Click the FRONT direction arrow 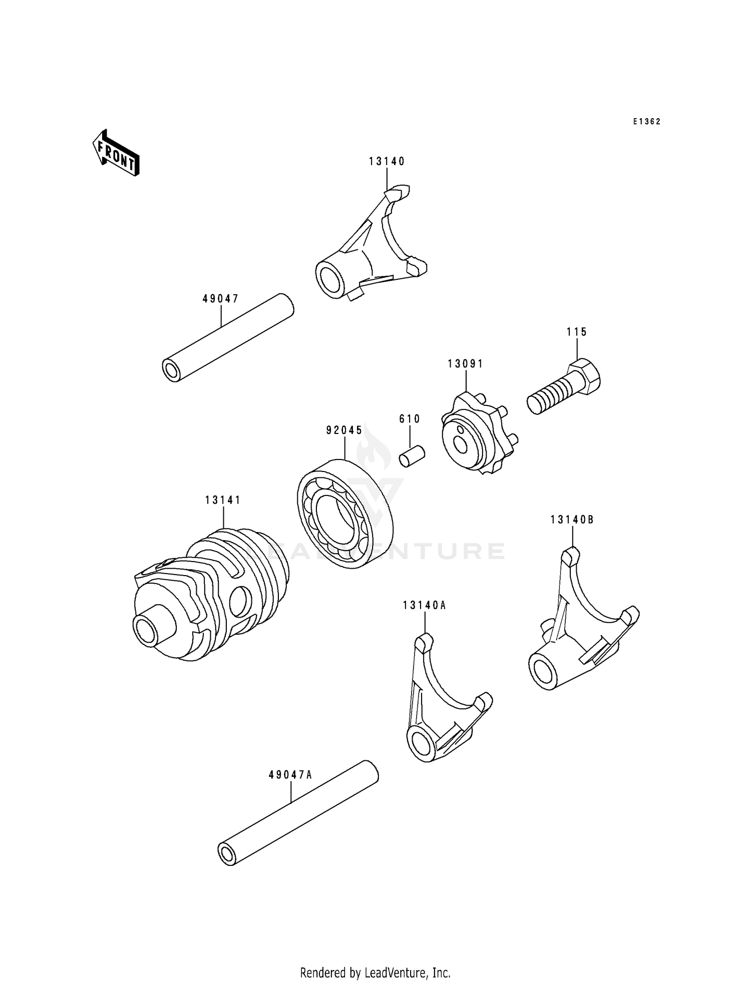(116, 153)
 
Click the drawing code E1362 (646, 122)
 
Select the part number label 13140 (387, 161)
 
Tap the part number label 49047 (220, 299)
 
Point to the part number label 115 (577, 332)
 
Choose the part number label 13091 (465, 364)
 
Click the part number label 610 (410, 418)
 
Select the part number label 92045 (344, 430)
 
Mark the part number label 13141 (223, 500)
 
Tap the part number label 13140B (572, 520)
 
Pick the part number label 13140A (424, 606)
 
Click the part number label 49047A (290, 775)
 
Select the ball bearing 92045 (345, 513)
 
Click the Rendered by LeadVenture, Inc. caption (375, 972)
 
